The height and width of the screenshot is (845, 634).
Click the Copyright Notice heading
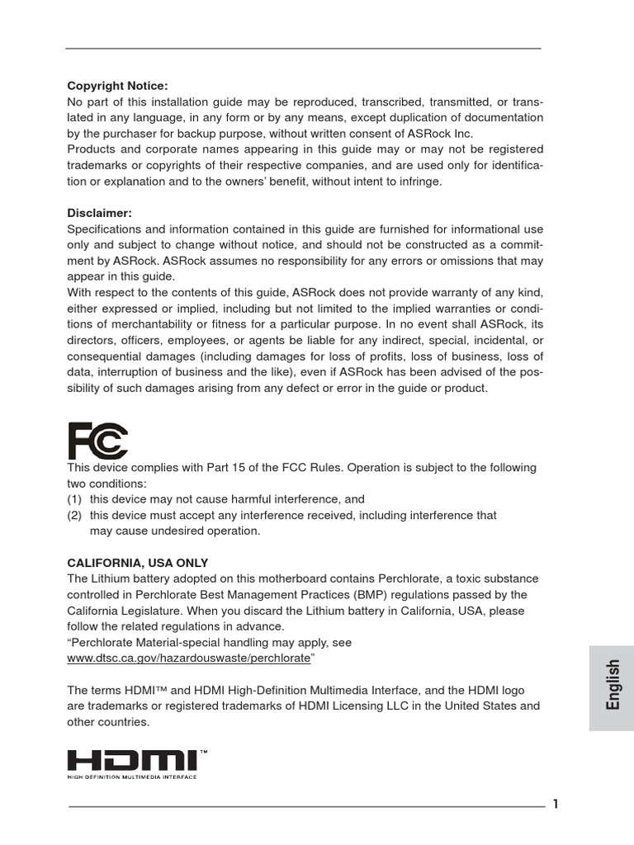(117, 86)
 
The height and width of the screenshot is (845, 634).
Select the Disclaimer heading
(99, 213)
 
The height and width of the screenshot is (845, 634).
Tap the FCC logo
(97, 441)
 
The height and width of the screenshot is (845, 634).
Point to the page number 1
(556, 805)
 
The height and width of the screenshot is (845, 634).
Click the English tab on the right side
(612, 684)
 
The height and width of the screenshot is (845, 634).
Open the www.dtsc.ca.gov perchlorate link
(188, 659)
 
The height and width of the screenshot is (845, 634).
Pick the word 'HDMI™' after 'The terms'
(148, 691)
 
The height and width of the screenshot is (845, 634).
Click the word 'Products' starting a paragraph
(92, 149)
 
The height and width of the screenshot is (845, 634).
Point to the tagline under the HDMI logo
(132, 777)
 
